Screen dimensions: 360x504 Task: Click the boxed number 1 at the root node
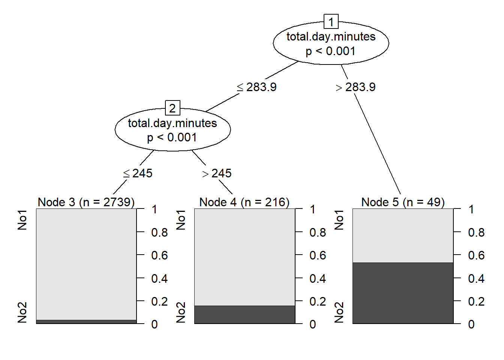tap(331, 22)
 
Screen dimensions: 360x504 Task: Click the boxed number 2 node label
tap(172, 108)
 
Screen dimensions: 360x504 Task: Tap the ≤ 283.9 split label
tap(257, 87)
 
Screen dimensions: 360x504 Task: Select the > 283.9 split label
tap(355, 87)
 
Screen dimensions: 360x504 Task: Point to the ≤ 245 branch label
tap(138, 173)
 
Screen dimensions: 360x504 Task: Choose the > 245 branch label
tap(217, 173)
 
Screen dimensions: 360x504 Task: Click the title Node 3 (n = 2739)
tap(86, 202)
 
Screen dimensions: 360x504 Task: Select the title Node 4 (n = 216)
tap(244, 202)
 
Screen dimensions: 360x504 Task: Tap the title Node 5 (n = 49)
tap(403, 202)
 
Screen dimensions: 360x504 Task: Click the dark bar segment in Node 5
tap(403, 293)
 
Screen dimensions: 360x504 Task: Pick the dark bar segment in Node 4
tap(244, 315)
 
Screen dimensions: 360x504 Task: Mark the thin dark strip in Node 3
tap(86, 322)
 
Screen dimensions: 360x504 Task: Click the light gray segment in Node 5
tap(403, 235)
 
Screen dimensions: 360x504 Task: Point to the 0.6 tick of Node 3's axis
tap(159, 255)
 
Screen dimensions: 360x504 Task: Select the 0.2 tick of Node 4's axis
tap(318, 301)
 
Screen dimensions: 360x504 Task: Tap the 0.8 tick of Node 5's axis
tap(476, 232)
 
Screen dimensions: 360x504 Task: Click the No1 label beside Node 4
tap(181, 220)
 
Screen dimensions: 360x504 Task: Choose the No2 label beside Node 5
tap(339, 312)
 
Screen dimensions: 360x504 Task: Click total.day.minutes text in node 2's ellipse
tap(172, 123)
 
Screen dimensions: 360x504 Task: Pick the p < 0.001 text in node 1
tap(330, 51)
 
